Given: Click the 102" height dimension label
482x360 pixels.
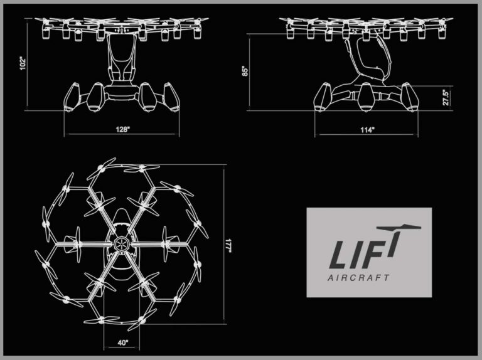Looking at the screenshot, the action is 23,63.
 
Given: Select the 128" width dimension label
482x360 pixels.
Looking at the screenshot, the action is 122,129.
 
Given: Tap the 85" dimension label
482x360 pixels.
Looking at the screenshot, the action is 245,71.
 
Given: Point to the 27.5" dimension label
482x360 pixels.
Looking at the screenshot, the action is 446,97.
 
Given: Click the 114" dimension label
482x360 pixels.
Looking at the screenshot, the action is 368,130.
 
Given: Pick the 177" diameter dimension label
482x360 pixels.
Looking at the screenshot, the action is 228,246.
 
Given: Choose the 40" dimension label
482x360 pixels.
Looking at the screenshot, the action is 122,342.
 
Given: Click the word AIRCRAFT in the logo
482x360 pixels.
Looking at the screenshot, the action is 358,278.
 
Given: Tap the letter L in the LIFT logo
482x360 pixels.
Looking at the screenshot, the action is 341,255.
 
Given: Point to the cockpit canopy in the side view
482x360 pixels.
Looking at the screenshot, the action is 368,59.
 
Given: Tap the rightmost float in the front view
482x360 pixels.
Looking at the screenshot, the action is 171,97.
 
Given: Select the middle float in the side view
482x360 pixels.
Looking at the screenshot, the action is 367,97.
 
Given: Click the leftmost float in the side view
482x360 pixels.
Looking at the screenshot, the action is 322,97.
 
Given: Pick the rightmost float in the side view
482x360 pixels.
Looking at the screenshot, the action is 410,97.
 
